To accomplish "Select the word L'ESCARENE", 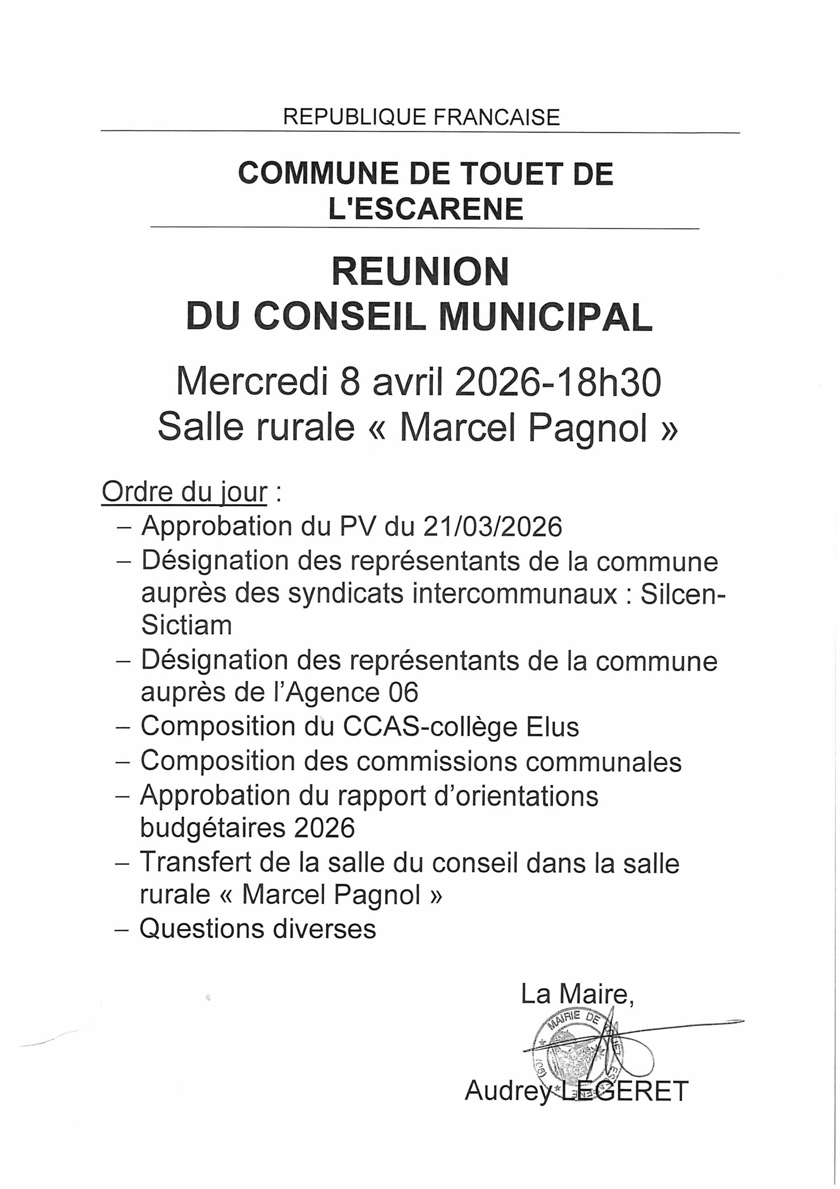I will tap(426, 209).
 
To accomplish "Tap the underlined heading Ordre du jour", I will tap(185, 492).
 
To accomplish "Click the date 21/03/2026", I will tap(491, 527).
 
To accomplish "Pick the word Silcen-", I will tap(683, 594).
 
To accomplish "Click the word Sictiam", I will tap(186, 626).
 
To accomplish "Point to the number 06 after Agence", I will tap(404, 693).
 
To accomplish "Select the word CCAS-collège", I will tap(430, 726).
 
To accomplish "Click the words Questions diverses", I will tap(258, 929).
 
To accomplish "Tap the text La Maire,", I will tap(577, 994).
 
